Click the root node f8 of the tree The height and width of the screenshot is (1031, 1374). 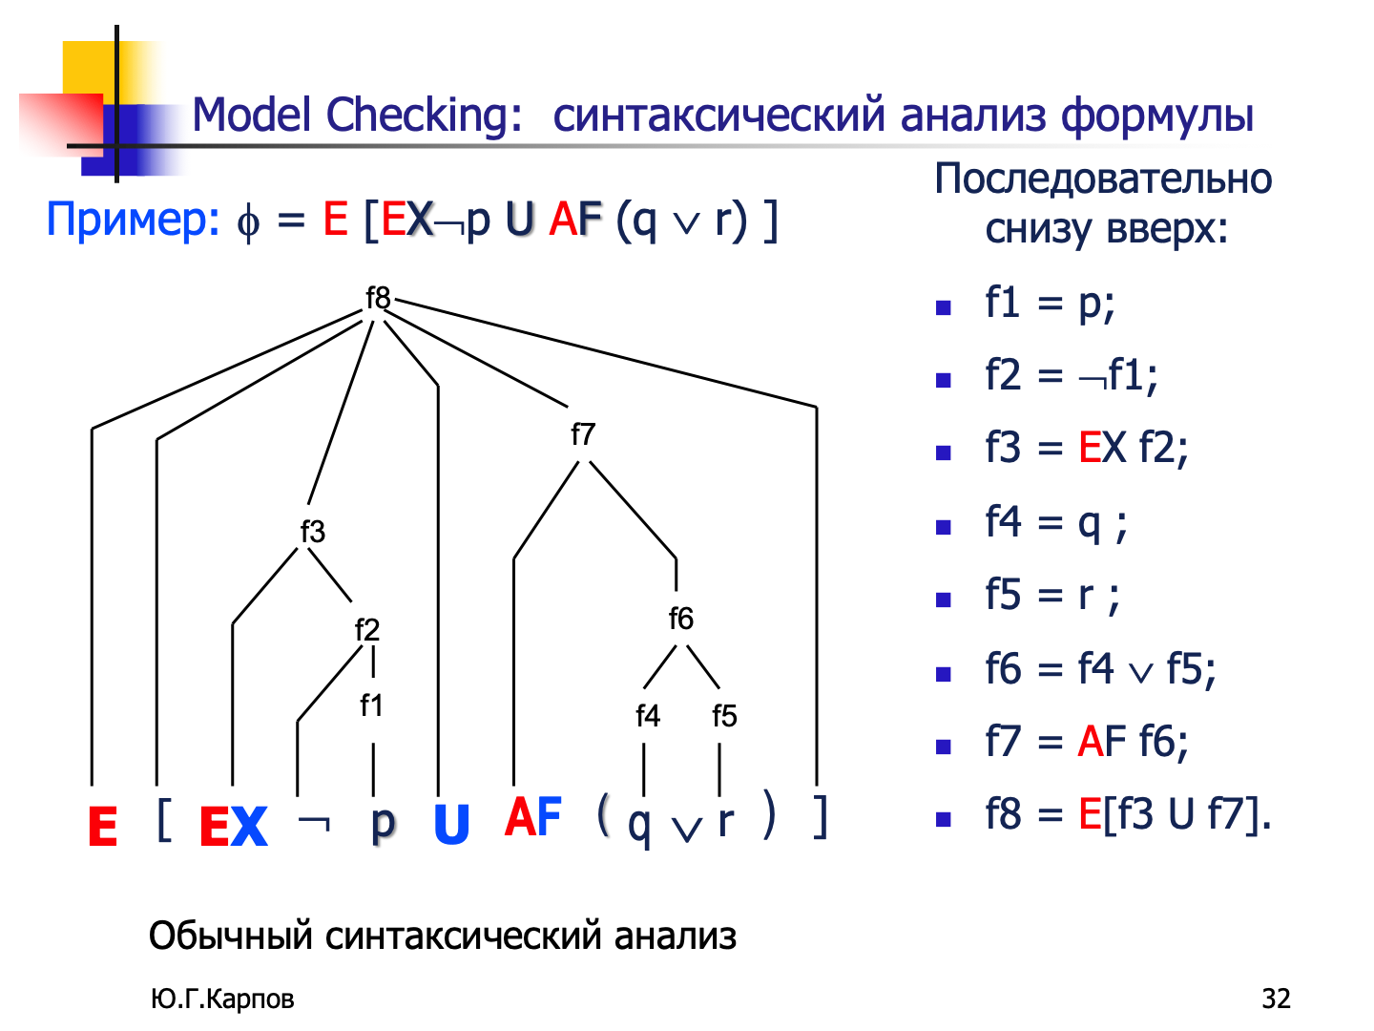[x=378, y=298]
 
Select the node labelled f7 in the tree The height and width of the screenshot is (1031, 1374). [x=582, y=435]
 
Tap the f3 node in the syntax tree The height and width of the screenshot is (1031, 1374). [x=312, y=532]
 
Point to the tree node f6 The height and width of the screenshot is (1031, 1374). [x=680, y=619]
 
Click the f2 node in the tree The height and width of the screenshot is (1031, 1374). [x=366, y=630]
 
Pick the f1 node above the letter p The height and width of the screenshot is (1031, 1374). [x=371, y=705]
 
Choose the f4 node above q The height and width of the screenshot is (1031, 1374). [x=647, y=716]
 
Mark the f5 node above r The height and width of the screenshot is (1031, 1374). [x=724, y=716]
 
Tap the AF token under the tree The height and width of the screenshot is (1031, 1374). [x=533, y=818]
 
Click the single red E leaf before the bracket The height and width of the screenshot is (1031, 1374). [x=102, y=827]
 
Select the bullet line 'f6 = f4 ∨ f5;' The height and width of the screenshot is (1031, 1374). [x=1099, y=669]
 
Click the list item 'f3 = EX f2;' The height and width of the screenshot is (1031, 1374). [x=1086, y=448]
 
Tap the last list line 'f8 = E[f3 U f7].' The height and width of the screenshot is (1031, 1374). [x=1128, y=815]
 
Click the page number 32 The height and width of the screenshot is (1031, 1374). [x=1276, y=999]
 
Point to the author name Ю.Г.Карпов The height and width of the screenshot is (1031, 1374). [x=222, y=999]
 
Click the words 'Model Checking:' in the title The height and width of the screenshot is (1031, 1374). [x=357, y=116]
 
